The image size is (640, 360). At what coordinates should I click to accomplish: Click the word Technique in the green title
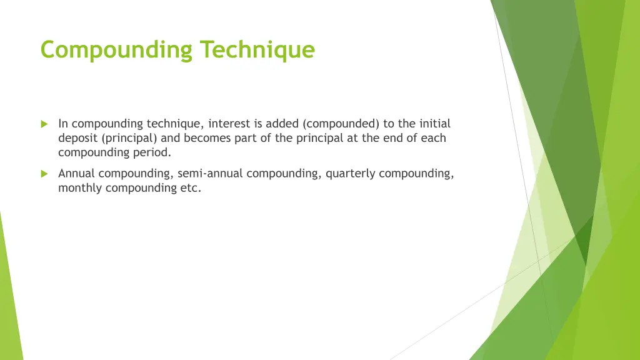pos(257,49)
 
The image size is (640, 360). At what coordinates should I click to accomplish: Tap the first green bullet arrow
pos(44,124)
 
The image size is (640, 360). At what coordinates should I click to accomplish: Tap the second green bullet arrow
pos(44,174)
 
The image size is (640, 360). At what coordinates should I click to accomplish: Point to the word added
pos(282,124)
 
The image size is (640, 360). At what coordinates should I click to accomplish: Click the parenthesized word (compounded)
pos(339,124)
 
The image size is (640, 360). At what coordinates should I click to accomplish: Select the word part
pos(247,138)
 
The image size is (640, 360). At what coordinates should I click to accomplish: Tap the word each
pos(434,138)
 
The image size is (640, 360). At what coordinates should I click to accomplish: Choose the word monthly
pos(81,188)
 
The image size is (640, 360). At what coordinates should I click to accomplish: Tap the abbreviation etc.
pos(191,188)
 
